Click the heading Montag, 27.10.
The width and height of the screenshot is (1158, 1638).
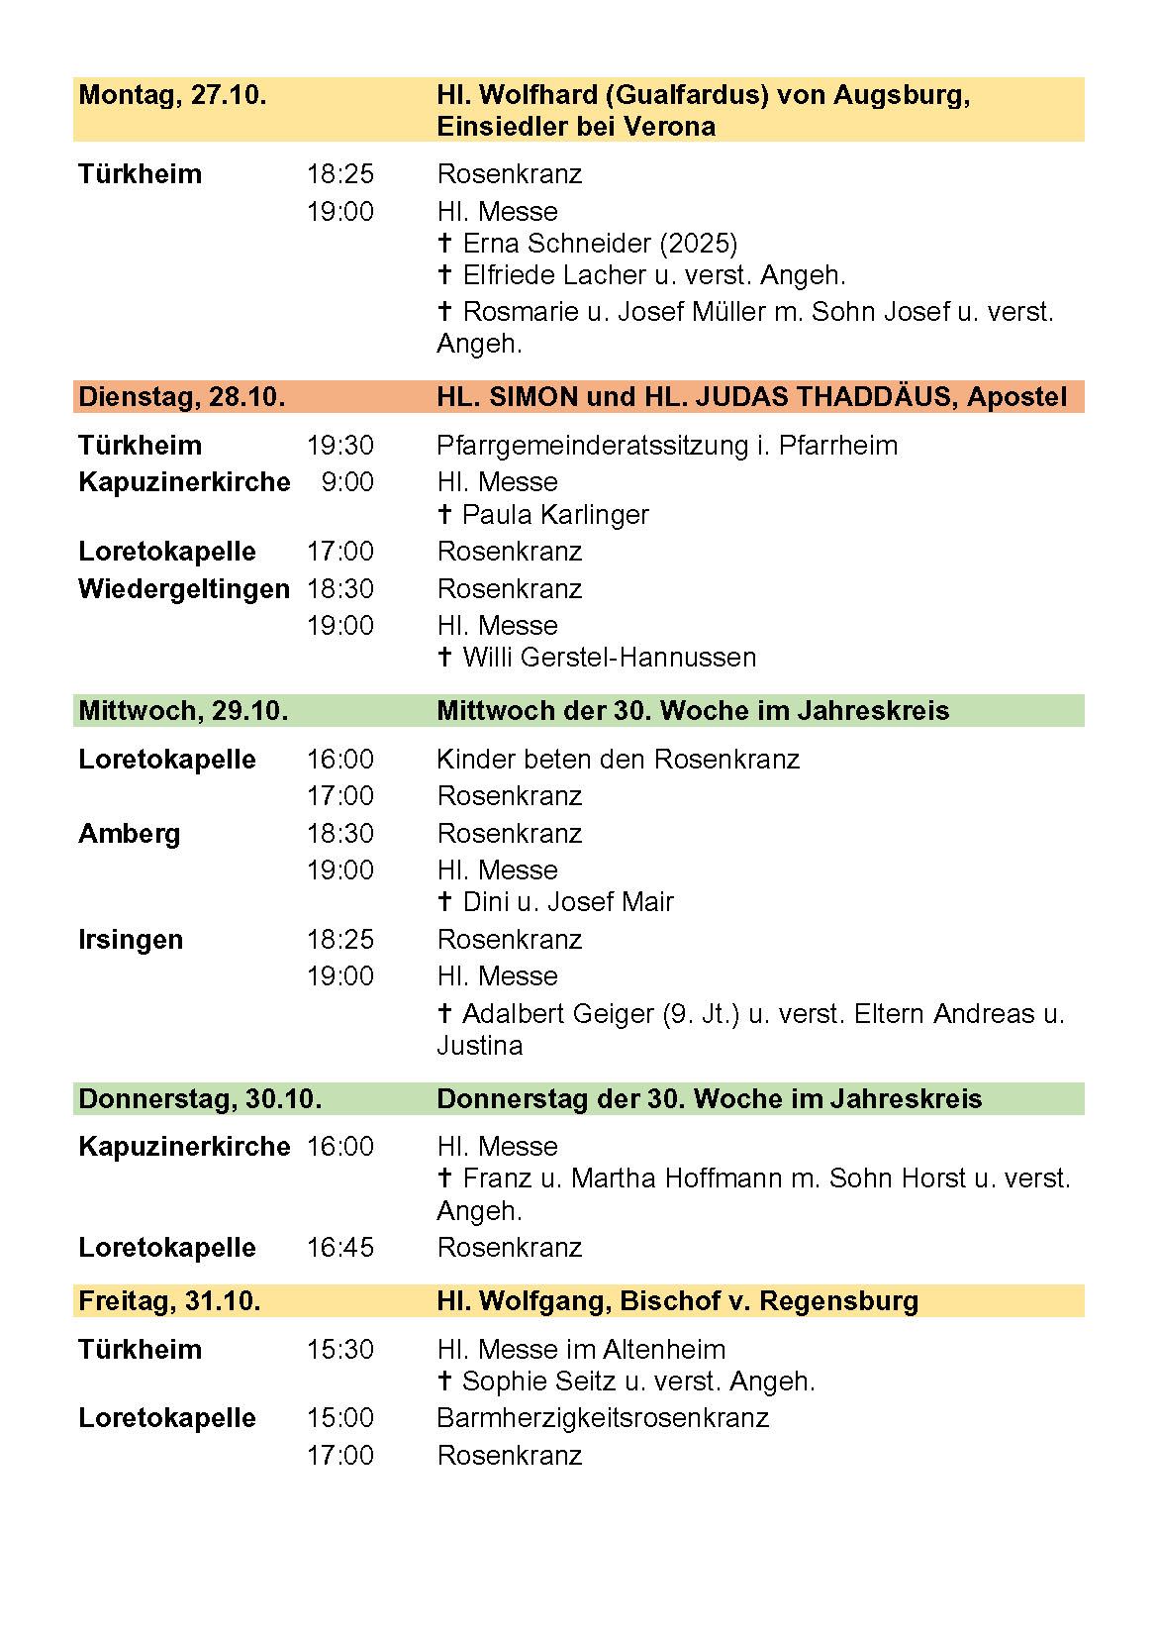[172, 96]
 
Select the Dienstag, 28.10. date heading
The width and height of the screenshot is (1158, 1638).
[181, 397]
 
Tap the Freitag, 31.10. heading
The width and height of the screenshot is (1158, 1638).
[169, 1300]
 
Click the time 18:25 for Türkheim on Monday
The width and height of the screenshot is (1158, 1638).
[339, 174]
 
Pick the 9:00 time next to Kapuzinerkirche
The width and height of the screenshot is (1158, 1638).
[347, 482]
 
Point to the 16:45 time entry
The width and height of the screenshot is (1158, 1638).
[339, 1247]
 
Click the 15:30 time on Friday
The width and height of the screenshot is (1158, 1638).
[339, 1349]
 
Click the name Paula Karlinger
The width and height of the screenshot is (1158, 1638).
[555, 515]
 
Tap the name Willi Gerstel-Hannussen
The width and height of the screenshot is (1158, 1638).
[609, 658]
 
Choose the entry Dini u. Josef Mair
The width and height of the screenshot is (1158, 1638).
[568, 902]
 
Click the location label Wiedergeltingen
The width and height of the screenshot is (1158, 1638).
[184, 589]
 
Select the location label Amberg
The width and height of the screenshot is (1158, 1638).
[130, 834]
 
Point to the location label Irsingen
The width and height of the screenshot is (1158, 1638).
[131, 940]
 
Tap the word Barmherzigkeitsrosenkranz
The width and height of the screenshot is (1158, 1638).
[603, 1418]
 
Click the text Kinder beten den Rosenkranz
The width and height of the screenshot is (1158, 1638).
[618, 760]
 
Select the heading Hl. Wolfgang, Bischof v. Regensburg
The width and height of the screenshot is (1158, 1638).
[677, 1300]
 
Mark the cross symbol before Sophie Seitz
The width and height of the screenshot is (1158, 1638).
[444, 1382]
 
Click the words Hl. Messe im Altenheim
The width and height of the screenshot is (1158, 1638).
[581, 1349]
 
